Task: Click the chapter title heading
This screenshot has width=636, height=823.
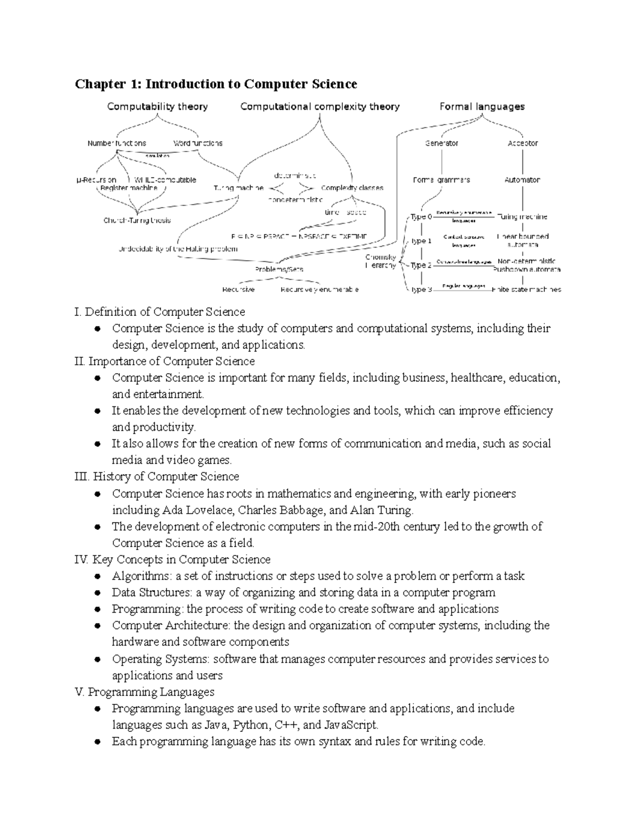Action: pyautogui.click(x=216, y=84)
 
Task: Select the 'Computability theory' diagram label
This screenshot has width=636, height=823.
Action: pyautogui.click(x=157, y=107)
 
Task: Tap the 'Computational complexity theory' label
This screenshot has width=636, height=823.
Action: pyautogui.click(x=320, y=107)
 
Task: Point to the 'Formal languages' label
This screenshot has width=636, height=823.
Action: pyautogui.click(x=482, y=107)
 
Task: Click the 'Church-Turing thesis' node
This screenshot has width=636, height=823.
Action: pyautogui.click(x=137, y=220)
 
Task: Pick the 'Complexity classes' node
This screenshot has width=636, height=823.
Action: pyautogui.click(x=352, y=188)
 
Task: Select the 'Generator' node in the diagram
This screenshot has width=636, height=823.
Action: pyautogui.click(x=441, y=143)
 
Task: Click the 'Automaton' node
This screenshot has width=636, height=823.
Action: pyautogui.click(x=523, y=180)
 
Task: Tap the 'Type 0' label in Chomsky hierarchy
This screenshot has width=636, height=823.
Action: pyautogui.click(x=421, y=217)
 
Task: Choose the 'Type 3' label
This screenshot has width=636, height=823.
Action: pyautogui.click(x=421, y=289)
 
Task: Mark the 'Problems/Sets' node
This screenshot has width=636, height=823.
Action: pyautogui.click(x=279, y=269)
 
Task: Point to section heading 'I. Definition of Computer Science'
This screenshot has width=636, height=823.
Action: pyautogui.click(x=160, y=312)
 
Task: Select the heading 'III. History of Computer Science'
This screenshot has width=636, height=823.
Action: pyautogui.click(x=157, y=476)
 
